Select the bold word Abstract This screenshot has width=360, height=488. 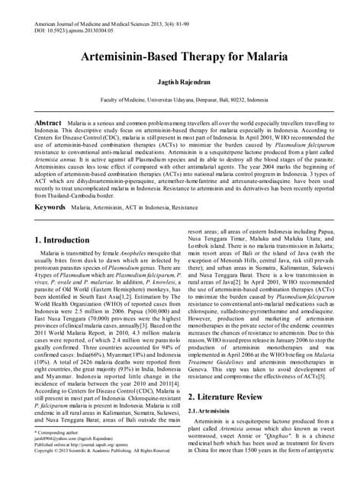pyautogui.click(x=49, y=122)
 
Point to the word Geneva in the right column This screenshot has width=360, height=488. pyautogui.click(x=201, y=365)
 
